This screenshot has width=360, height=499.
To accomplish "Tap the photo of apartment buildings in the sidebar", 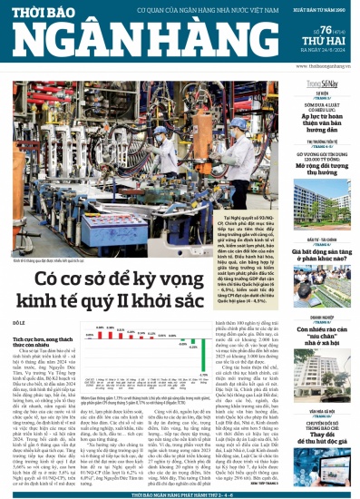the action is (x=325, y=208).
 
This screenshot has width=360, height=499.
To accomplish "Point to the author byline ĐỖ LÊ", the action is (x=19, y=322).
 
